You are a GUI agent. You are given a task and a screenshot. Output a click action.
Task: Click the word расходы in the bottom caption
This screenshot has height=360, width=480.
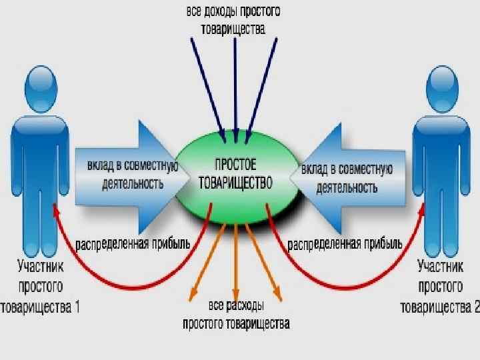[244, 307]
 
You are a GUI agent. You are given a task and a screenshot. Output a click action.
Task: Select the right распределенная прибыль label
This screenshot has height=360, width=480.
[345, 244]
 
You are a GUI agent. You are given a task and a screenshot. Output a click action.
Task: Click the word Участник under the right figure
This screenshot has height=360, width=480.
[440, 267]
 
